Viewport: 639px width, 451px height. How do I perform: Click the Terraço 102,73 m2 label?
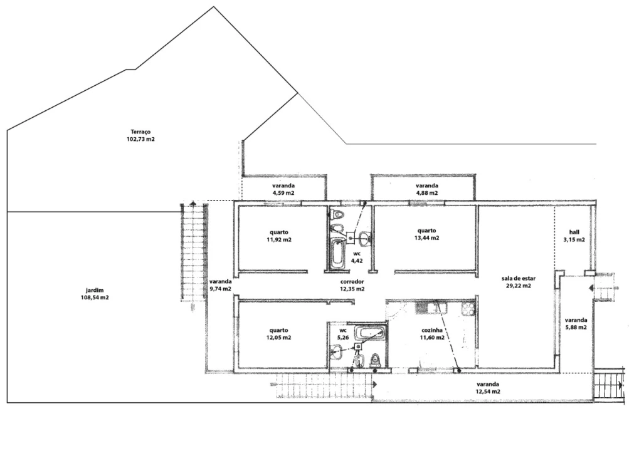(140, 135)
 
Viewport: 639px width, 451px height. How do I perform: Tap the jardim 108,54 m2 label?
(95, 294)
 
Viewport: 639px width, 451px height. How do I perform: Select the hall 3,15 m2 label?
(574, 236)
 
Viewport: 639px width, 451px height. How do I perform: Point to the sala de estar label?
(519, 279)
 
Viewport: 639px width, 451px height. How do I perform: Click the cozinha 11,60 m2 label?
(432, 334)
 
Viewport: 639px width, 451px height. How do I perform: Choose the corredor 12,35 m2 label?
(352, 286)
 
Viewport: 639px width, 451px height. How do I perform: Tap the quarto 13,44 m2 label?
(426, 234)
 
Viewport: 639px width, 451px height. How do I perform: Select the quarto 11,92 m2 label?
(279, 236)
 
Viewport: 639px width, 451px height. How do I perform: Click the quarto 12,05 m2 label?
(279, 334)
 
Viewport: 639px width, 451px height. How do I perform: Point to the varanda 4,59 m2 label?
(283, 190)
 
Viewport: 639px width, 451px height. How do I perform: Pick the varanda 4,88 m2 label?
(427, 190)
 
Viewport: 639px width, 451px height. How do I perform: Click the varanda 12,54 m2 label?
(488, 388)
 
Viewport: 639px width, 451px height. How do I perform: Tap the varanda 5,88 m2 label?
(576, 324)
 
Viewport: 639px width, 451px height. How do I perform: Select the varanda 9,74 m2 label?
(221, 286)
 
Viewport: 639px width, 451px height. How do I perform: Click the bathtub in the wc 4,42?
(337, 254)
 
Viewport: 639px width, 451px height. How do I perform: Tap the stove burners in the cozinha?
(468, 308)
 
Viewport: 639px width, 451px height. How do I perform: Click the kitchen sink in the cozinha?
(431, 308)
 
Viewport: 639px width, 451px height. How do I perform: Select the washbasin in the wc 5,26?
(337, 352)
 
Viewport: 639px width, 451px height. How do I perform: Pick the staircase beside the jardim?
(194, 252)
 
